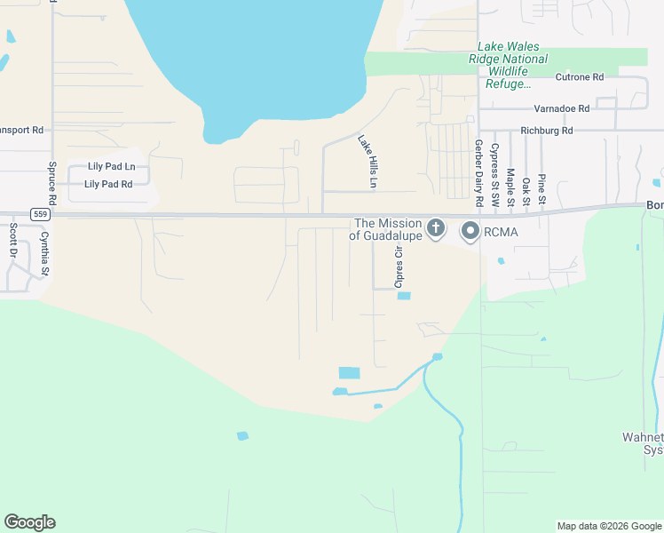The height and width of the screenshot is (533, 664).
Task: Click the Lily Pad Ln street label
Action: [111, 166]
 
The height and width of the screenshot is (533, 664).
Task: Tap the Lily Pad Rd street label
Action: [107, 184]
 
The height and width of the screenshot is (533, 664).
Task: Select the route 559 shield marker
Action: [39, 214]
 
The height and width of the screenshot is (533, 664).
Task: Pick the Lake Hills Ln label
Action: [368, 161]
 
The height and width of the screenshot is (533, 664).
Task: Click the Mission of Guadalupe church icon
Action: [435, 228]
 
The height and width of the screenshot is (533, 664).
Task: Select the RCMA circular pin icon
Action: [469, 232]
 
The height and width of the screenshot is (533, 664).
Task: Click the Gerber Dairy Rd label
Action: [478, 174]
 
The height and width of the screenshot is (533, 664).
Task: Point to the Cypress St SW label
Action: [494, 177]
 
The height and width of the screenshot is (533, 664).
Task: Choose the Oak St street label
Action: [526, 192]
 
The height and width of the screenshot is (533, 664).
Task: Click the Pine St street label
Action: [541, 190]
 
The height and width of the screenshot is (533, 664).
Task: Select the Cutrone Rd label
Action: [580, 77]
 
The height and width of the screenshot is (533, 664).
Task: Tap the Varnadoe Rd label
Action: [561, 108]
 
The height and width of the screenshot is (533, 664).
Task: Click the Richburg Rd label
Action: [548, 130]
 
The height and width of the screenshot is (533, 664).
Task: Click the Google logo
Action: [29, 522]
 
